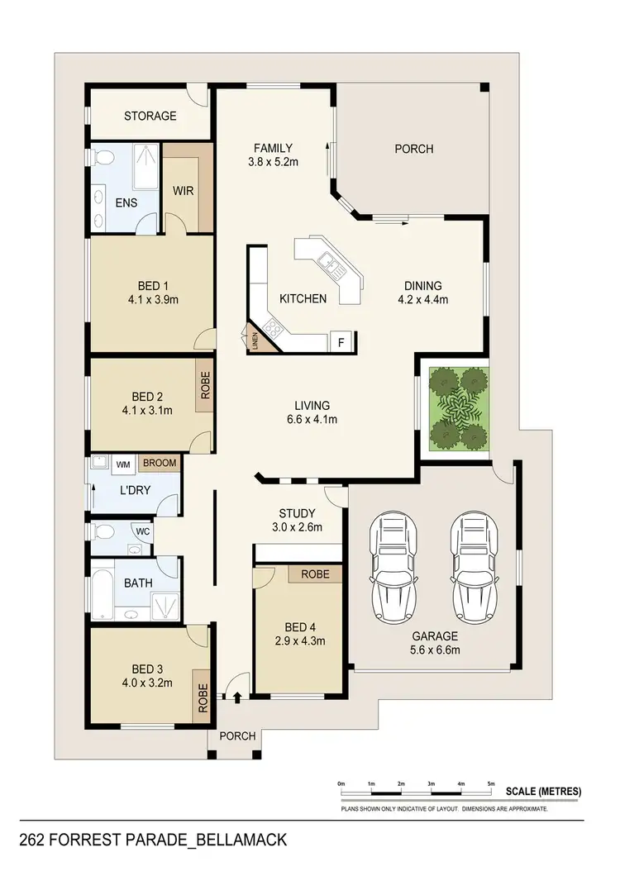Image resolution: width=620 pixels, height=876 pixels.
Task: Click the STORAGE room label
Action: tap(150, 116)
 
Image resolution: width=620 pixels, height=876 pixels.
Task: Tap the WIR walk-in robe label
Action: tap(183, 190)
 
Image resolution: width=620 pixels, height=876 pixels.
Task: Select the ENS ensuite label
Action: tap(125, 203)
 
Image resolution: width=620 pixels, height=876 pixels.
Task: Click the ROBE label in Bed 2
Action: tap(204, 384)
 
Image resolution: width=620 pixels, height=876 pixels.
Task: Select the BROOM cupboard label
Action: tap(160, 464)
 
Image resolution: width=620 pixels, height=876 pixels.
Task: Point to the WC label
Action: tap(141, 531)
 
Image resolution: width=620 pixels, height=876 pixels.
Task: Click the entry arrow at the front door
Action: tap(238, 699)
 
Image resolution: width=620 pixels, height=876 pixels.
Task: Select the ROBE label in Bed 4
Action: tap(315, 574)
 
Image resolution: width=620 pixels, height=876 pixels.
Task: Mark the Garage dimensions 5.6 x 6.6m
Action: tap(436, 650)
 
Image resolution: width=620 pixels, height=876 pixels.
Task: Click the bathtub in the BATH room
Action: tap(99, 588)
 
